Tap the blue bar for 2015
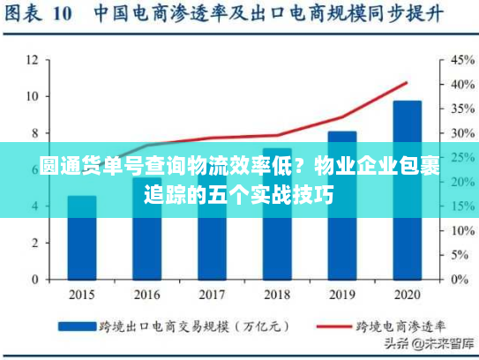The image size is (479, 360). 82,237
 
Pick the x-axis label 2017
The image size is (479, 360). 212,295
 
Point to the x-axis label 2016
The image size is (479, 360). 146,295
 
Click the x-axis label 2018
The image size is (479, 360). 277,295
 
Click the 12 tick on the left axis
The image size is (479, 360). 32,60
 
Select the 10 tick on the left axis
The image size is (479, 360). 32,96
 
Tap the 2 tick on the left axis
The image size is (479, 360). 34,243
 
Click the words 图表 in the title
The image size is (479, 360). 26,14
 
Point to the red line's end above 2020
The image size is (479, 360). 407,83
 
